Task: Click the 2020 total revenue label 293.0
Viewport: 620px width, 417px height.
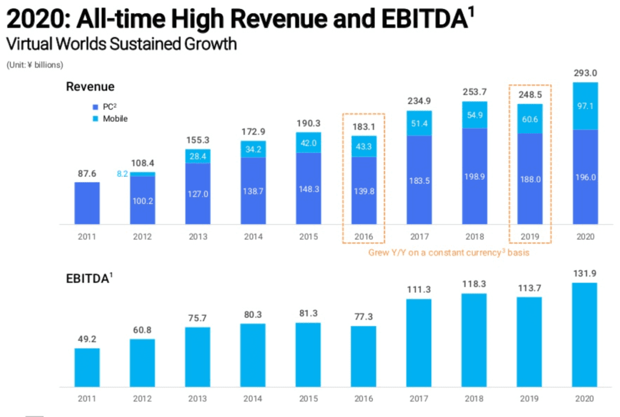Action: [x=585, y=73]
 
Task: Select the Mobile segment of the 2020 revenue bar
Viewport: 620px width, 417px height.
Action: [x=585, y=106]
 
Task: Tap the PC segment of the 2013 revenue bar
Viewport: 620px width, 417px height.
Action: [x=199, y=194]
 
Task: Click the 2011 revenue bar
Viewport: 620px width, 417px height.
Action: [x=87, y=203]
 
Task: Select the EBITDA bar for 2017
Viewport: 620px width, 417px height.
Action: [x=419, y=342]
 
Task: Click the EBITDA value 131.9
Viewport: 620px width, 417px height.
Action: [x=585, y=273]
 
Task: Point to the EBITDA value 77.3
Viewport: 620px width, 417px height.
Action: [x=363, y=317]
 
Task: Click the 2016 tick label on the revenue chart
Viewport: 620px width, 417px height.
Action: [x=363, y=236]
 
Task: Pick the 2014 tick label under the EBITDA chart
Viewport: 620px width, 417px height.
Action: [x=253, y=398]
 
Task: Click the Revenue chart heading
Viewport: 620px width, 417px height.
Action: [x=90, y=87]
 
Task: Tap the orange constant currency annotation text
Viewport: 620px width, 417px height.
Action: [x=449, y=252]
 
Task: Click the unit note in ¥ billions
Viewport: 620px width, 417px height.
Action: [x=36, y=64]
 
